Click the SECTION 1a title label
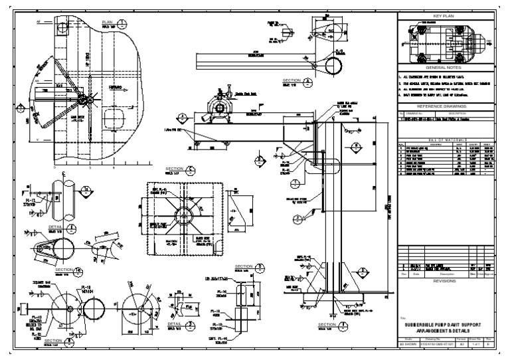pos(68,270)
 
